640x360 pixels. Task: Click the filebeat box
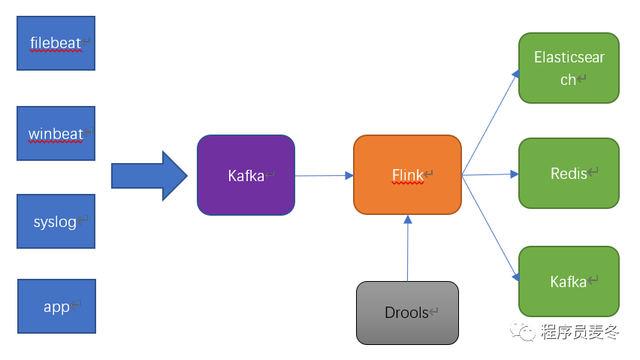(56, 43)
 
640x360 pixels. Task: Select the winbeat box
(56, 134)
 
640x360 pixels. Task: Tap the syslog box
(56, 222)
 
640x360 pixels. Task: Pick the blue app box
(56, 307)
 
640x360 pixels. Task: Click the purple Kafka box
(246, 176)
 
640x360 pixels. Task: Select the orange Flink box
(407, 175)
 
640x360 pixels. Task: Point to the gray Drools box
(406, 313)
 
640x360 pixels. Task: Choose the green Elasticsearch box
(569, 68)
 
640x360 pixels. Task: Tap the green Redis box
(569, 174)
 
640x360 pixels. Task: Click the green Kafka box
(569, 281)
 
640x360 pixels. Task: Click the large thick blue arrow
(149, 177)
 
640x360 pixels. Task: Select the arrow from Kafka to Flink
(324, 176)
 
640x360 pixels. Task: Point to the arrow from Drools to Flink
(407, 248)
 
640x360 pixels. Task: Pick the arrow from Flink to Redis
(490, 174)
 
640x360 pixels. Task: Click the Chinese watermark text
(579, 332)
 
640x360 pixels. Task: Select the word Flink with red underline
(408, 175)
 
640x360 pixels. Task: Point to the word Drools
(406, 313)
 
